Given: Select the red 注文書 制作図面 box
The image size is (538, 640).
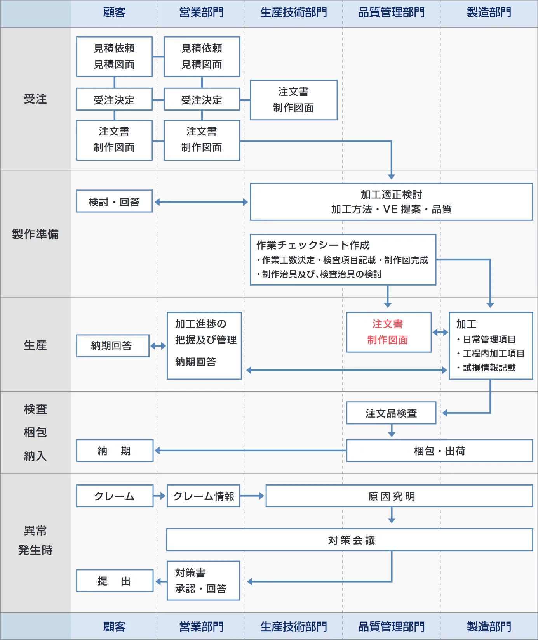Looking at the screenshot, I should point(388,332).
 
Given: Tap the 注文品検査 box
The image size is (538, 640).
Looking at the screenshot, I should point(391,413).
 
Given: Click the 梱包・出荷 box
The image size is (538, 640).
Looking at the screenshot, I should point(439,451).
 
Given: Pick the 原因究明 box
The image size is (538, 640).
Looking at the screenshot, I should point(399,496).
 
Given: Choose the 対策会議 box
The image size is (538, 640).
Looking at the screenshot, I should point(349,539).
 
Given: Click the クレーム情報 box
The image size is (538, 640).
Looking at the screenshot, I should point(203,496).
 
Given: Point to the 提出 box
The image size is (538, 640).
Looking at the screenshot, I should point(115,581).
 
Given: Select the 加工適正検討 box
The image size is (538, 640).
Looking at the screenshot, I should point(391,202).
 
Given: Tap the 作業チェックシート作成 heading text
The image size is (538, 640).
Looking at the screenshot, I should point(313,245).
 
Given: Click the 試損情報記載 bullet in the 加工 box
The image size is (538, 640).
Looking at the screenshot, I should point(489,368).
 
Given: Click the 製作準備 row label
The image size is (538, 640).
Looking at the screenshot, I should point(35,234).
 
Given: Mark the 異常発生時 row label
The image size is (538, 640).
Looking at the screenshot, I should point(35,540).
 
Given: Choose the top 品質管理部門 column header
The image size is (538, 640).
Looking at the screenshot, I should point(391,12).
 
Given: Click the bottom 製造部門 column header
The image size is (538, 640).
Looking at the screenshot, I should point(489,626).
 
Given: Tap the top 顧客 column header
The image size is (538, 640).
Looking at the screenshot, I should point(114,12).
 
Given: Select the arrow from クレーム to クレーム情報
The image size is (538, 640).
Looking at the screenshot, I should point(160,496).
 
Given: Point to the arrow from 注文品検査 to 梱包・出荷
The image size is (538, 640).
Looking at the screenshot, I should point(392,431).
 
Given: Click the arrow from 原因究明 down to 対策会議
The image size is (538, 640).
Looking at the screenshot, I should point(392,515).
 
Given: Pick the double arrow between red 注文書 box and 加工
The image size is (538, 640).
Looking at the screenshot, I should point(440,332).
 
